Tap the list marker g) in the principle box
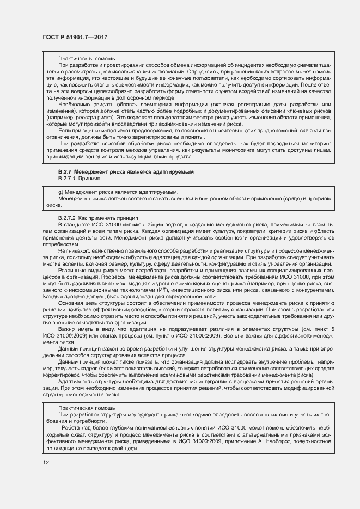(x=60, y=193)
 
